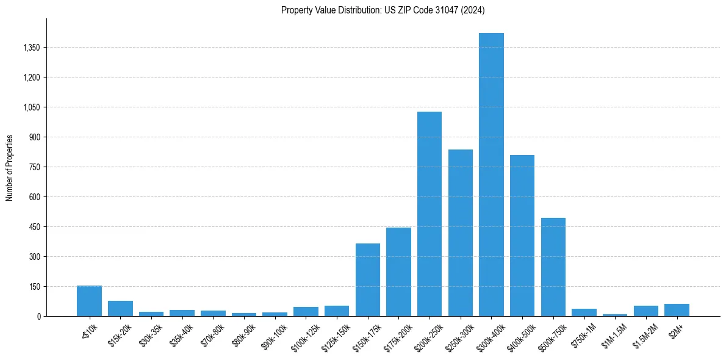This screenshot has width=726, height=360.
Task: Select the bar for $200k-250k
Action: click(x=429, y=214)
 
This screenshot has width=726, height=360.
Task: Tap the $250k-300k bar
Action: click(x=461, y=232)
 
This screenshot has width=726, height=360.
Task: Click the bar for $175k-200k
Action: click(x=398, y=272)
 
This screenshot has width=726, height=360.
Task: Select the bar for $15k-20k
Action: click(x=120, y=308)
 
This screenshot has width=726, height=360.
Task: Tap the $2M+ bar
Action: click(x=677, y=310)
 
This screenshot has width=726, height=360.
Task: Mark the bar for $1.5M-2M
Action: click(x=646, y=311)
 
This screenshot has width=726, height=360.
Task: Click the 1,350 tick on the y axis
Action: click(x=31, y=48)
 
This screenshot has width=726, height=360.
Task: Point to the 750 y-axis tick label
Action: click(x=34, y=167)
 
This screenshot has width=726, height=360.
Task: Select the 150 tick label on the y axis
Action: click(x=34, y=287)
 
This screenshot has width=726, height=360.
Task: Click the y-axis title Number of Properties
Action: click(x=10, y=167)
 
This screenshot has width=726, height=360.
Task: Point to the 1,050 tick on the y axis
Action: click(x=31, y=107)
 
